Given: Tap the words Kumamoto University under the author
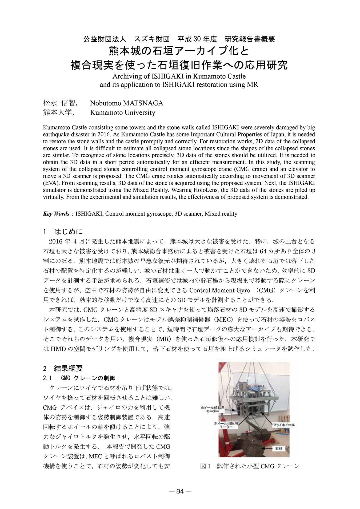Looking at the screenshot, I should [123, 112].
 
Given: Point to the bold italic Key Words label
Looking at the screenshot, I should [56, 214].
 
